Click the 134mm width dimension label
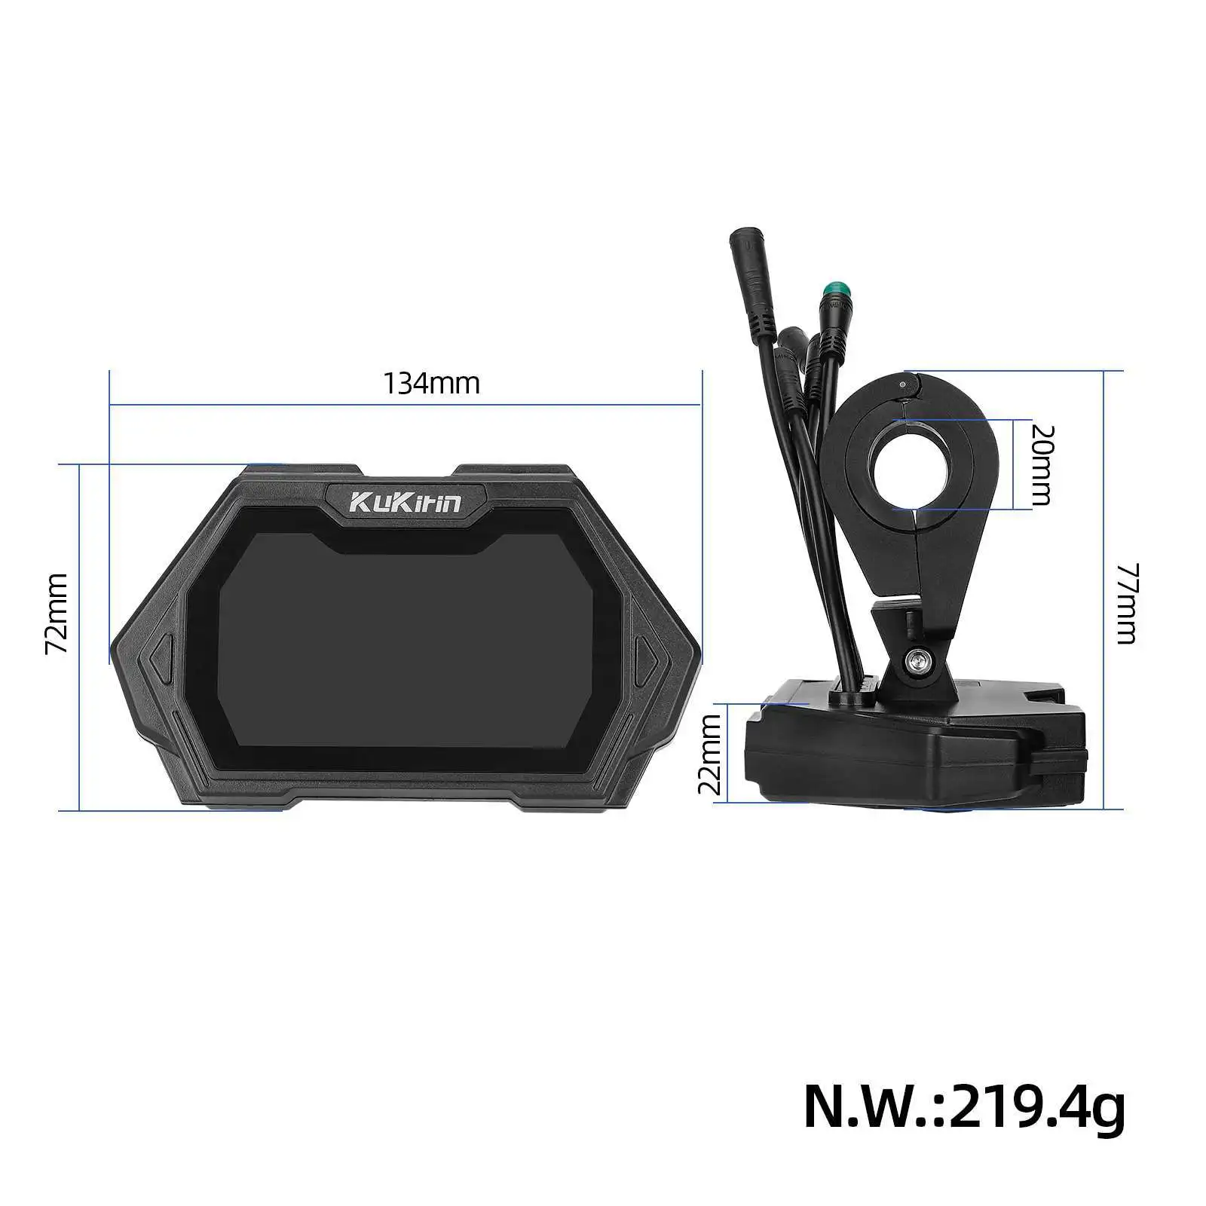click(x=432, y=383)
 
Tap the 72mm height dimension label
click(x=57, y=613)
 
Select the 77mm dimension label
click(x=1125, y=603)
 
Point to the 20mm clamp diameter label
click(x=1042, y=464)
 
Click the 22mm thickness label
click(x=710, y=754)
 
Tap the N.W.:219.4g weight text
click(x=964, y=1107)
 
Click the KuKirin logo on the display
click(x=406, y=501)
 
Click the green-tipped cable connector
click(x=833, y=290)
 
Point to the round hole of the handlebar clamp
click(x=914, y=465)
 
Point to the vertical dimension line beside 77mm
click(x=1103, y=588)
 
